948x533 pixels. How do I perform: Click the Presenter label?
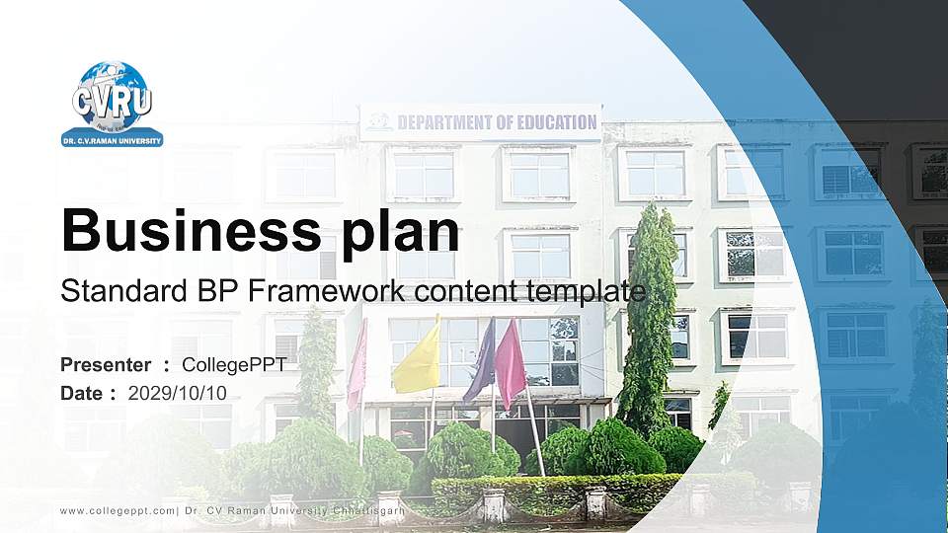pos(106,365)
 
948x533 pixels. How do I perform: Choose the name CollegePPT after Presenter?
pos(234,365)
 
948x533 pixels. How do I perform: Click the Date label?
pos(83,393)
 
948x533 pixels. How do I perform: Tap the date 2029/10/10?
pos(178,393)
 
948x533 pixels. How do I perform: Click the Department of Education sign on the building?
pos(481,122)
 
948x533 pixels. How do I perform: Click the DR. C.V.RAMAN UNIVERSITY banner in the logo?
pos(112,139)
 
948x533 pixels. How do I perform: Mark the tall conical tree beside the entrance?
pos(649,316)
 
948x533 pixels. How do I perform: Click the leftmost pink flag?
pos(357,365)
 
